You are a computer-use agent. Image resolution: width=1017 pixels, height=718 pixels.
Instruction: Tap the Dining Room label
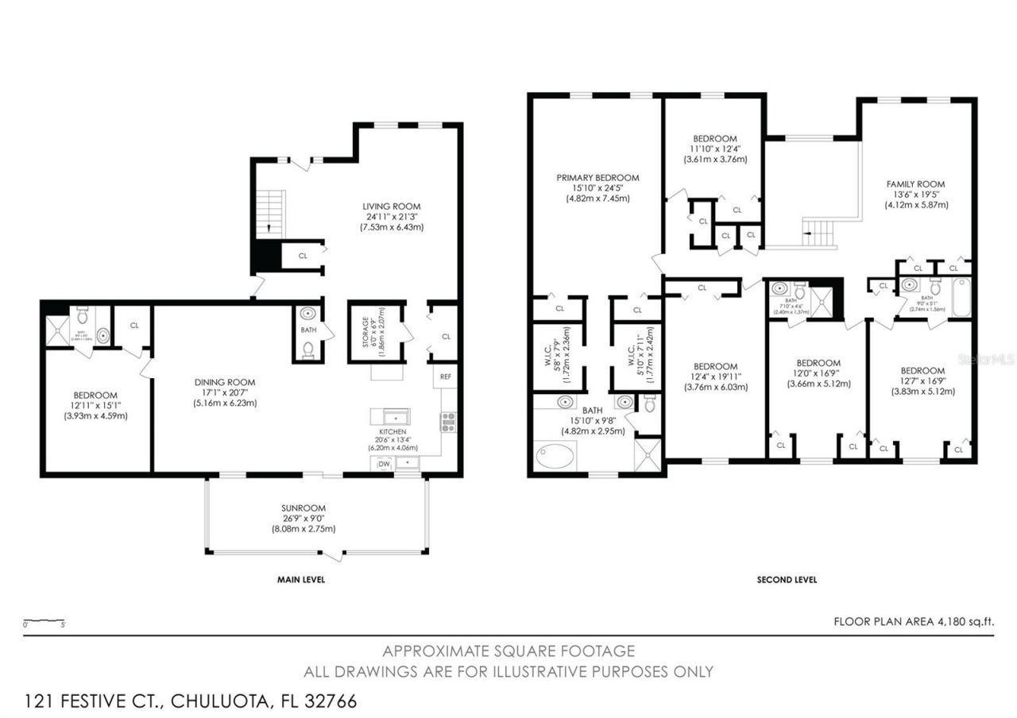coord(225,382)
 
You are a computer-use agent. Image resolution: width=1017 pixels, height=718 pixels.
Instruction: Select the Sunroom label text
coord(304,508)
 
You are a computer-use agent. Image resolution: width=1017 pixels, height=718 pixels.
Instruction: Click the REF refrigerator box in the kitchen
coord(445,377)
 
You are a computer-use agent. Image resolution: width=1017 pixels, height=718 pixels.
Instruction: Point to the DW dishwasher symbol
coord(384,463)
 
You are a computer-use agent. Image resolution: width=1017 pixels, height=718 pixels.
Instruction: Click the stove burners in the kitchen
coord(448,422)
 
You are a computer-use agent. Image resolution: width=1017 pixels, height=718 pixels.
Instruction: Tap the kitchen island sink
coord(390,416)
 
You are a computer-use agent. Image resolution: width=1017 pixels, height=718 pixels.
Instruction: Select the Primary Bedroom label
coord(597,178)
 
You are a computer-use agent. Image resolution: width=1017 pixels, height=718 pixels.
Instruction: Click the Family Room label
coord(915,184)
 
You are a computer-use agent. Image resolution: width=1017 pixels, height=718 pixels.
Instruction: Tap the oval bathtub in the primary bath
coord(557,457)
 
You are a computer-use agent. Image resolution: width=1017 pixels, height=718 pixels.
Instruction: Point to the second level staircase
coord(818,233)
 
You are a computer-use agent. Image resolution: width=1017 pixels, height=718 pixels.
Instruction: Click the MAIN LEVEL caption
coord(300,580)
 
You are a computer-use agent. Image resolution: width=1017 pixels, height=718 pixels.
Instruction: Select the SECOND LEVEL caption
coord(786,580)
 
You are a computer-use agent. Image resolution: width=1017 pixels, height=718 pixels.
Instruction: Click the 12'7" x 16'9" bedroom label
coord(922,371)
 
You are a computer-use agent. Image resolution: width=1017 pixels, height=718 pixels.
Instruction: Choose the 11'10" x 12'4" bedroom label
coord(714,138)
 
